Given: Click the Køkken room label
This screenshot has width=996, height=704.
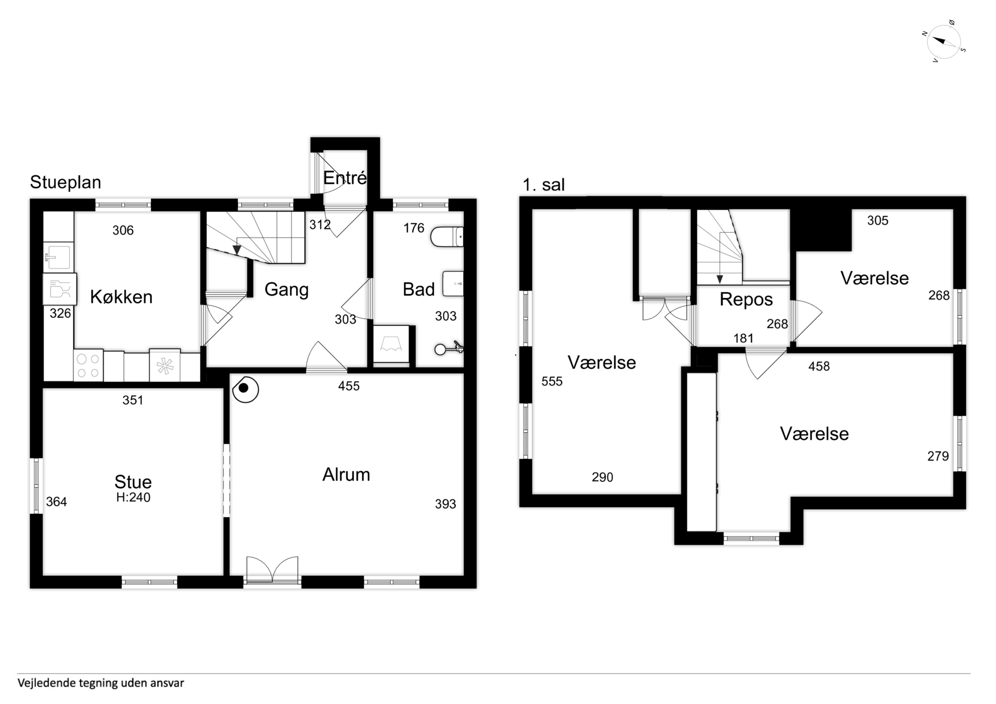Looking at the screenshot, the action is pyautogui.click(x=122, y=297).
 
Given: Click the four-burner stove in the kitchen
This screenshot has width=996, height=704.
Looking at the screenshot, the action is pyautogui.click(x=88, y=365).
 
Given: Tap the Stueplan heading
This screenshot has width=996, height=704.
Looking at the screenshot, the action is pyautogui.click(x=66, y=182).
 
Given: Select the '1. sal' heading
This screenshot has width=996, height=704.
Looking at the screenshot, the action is pyautogui.click(x=543, y=185).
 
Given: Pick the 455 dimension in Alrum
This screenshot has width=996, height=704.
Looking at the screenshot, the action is pyautogui.click(x=349, y=386).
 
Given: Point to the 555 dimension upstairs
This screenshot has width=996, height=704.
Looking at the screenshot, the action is pyautogui.click(x=552, y=381).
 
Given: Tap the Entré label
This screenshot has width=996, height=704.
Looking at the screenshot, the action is pyautogui.click(x=345, y=178).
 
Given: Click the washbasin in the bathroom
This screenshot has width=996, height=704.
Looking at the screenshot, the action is pyautogui.click(x=453, y=284).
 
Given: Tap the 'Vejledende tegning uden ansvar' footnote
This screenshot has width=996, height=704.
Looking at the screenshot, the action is pyautogui.click(x=101, y=683).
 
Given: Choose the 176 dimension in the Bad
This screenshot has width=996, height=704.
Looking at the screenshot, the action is pyautogui.click(x=413, y=228).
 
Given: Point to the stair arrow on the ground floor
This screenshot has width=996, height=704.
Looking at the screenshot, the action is pyautogui.click(x=237, y=249).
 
